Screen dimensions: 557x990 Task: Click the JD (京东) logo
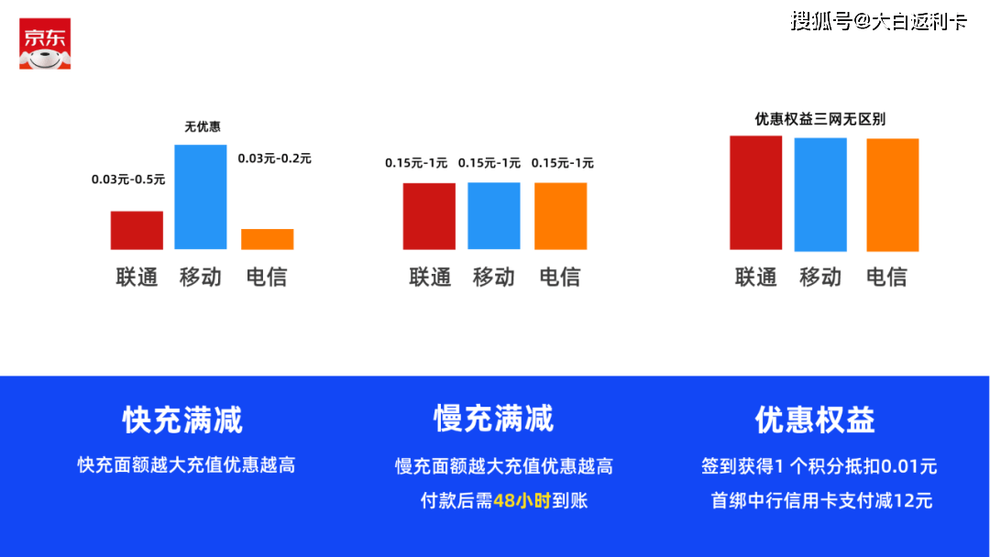(45, 44)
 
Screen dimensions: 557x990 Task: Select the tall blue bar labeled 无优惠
(201, 196)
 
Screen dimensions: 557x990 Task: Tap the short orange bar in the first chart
(267, 239)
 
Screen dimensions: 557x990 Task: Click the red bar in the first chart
(137, 230)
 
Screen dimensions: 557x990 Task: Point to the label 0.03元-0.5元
(128, 180)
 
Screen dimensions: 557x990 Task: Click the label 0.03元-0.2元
(274, 158)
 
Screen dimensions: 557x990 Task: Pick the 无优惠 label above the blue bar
(203, 126)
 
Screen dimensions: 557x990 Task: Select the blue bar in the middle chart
(494, 215)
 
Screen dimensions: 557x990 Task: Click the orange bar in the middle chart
(560, 215)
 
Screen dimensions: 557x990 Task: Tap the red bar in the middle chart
(429, 215)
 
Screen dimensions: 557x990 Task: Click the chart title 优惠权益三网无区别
(819, 119)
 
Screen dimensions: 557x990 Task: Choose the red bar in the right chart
(755, 192)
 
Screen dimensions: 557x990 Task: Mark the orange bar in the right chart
(892, 194)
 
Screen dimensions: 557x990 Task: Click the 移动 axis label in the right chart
(820, 277)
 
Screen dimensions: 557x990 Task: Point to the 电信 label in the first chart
(267, 277)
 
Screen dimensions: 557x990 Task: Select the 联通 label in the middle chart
(430, 277)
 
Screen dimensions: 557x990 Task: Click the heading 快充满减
(182, 420)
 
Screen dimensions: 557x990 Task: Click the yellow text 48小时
(522, 500)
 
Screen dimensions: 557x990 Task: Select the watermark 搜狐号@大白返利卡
(878, 21)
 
